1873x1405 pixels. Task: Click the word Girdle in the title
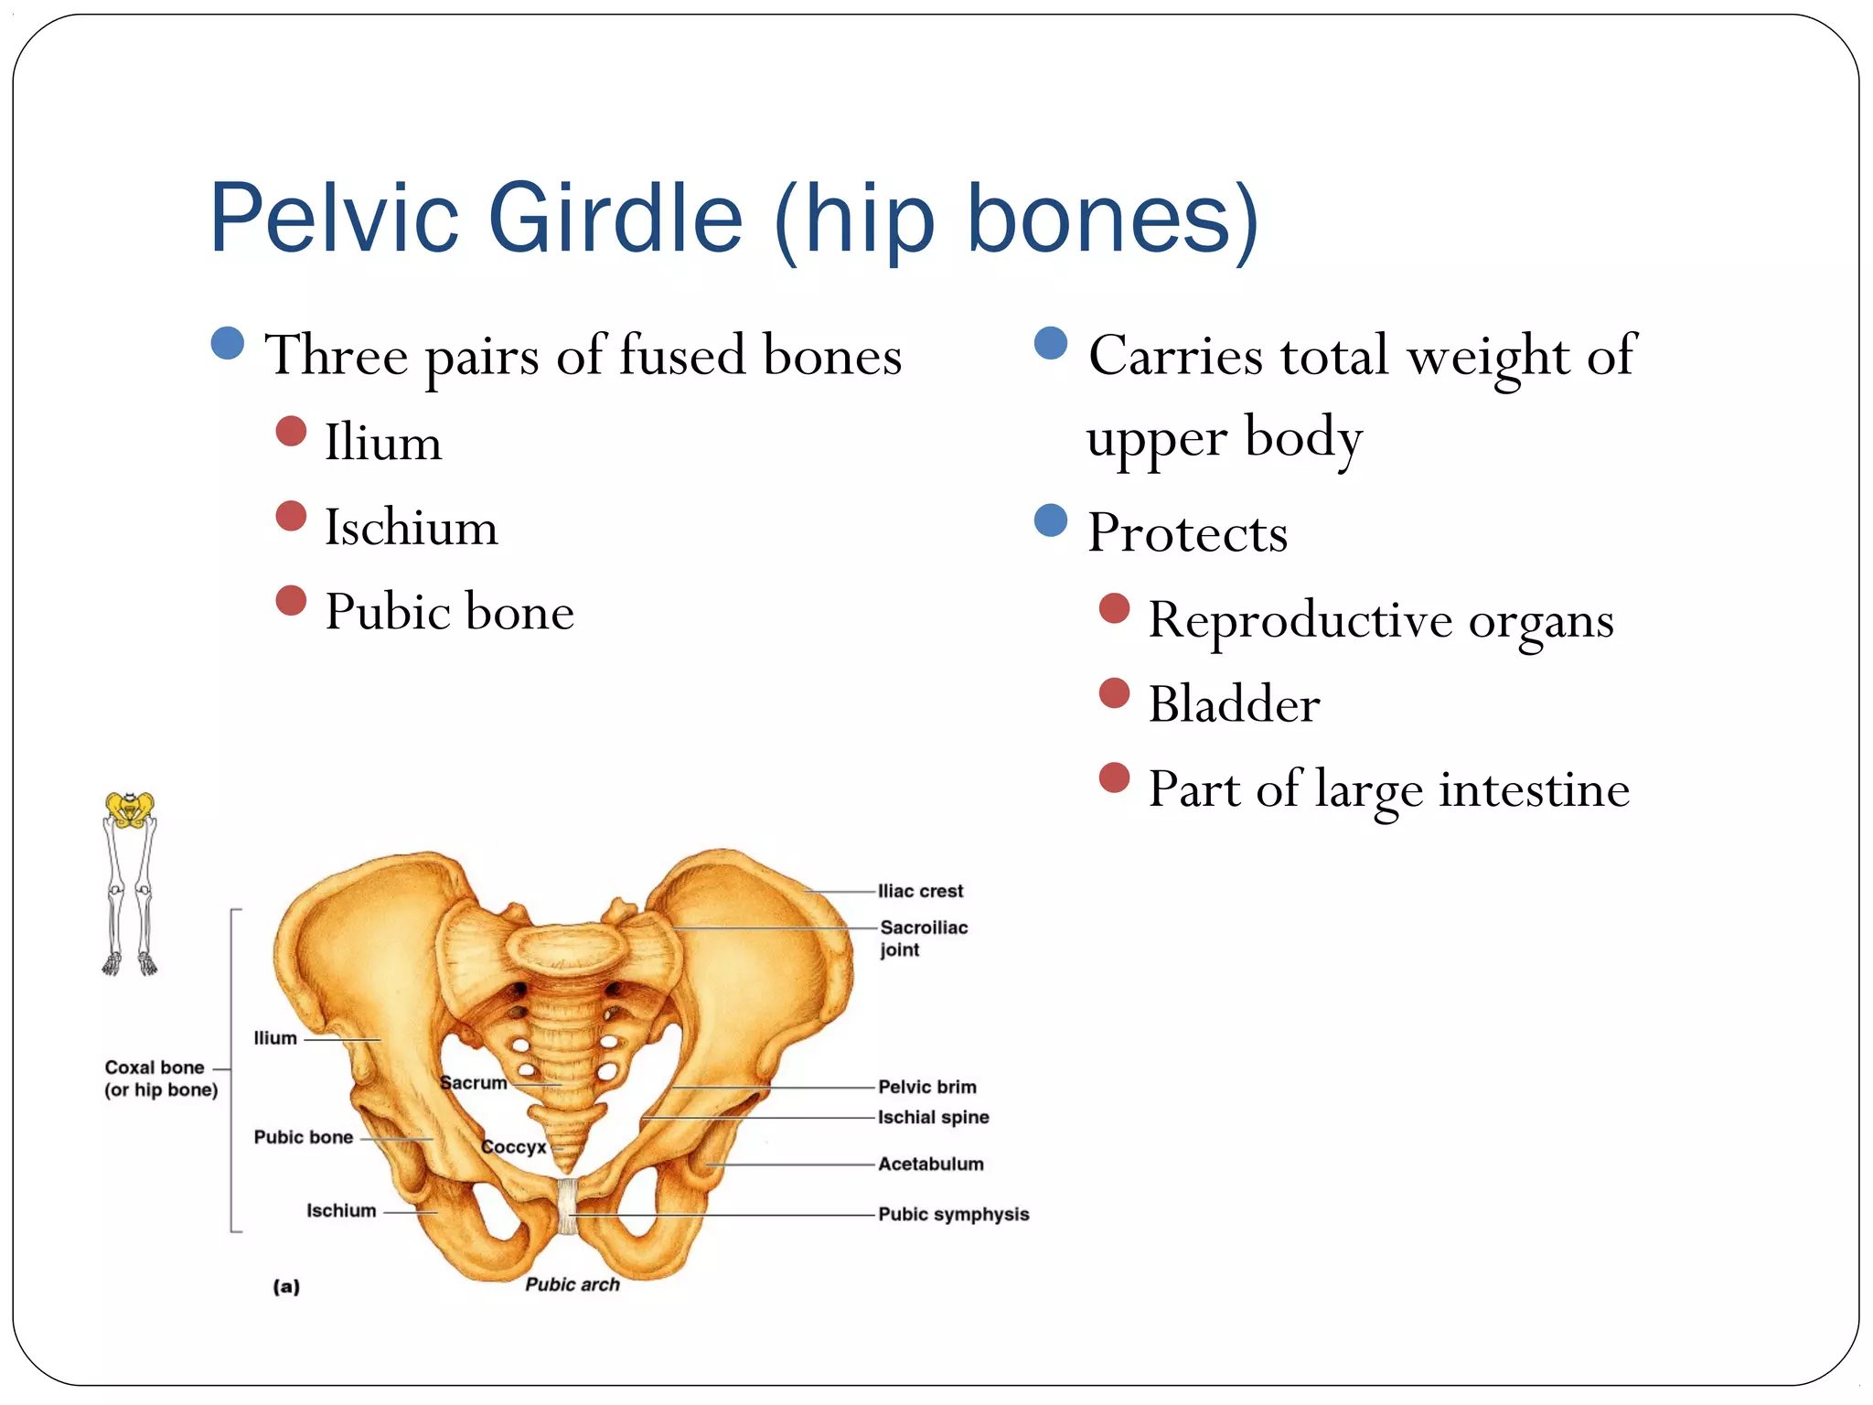click(615, 219)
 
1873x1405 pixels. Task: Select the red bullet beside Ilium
click(291, 432)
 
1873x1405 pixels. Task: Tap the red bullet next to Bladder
click(1114, 693)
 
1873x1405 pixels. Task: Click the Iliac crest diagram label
click(920, 891)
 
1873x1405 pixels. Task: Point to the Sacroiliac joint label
click(923, 938)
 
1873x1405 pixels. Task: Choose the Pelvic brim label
click(926, 1087)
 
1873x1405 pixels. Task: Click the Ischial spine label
click(933, 1117)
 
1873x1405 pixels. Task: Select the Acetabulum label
click(930, 1164)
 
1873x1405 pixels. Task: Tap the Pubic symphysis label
click(953, 1215)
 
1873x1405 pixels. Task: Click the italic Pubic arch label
click(573, 1284)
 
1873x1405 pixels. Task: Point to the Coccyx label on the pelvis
click(513, 1147)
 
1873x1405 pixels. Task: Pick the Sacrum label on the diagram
click(473, 1083)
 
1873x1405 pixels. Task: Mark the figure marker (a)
click(286, 1287)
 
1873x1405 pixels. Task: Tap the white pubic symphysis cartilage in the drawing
click(568, 1207)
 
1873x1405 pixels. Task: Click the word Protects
click(1187, 532)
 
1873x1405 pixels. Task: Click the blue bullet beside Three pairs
click(227, 343)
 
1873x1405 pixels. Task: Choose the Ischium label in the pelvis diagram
click(341, 1211)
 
